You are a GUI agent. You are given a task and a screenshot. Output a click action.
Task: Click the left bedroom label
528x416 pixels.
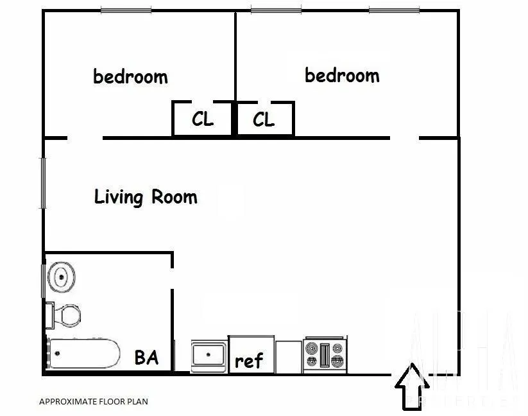pyautogui.click(x=130, y=77)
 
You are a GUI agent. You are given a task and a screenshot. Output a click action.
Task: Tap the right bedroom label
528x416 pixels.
pyautogui.click(x=341, y=76)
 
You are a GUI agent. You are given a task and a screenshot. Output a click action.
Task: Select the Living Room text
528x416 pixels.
pyautogui.click(x=146, y=196)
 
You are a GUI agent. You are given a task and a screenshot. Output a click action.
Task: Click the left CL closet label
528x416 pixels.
pyautogui.click(x=203, y=119)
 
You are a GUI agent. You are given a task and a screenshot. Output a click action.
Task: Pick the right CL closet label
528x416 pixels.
pyautogui.click(x=264, y=119)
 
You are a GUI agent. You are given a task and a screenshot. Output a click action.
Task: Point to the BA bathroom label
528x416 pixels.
pyautogui.click(x=146, y=357)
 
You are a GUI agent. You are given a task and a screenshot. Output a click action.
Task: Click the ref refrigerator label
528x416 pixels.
pyautogui.click(x=248, y=361)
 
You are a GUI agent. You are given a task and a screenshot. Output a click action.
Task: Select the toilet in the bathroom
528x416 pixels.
pyautogui.click(x=64, y=316)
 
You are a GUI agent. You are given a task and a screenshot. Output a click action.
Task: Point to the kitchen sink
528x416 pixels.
pyautogui.click(x=209, y=356)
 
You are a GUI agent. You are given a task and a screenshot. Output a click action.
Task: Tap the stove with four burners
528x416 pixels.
pyautogui.click(x=325, y=354)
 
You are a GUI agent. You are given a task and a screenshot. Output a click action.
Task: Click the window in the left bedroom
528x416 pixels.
pyautogui.click(x=126, y=10)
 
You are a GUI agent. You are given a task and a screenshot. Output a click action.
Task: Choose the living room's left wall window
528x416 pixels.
pyautogui.click(x=44, y=182)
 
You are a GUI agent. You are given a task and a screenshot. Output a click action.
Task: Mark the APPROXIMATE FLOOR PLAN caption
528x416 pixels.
pyautogui.click(x=94, y=402)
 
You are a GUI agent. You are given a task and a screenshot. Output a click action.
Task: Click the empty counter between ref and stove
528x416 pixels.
pyautogui.click(x=289, y=355)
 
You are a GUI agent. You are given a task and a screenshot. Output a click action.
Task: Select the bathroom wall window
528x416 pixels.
pyautogui.click(x=44, y=281)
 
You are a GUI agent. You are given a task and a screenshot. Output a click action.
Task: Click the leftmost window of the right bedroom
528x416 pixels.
pyautogui.click(x=276, y=10)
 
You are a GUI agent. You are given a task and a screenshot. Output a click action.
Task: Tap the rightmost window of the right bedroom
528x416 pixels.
pyautogui.click(x=394, y=10)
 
